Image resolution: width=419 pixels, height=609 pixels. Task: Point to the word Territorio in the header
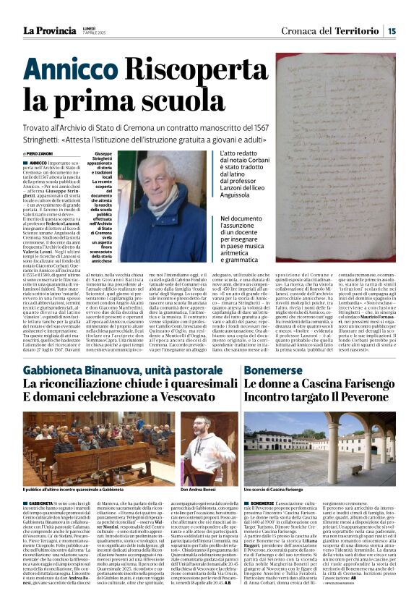click(358, 30)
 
